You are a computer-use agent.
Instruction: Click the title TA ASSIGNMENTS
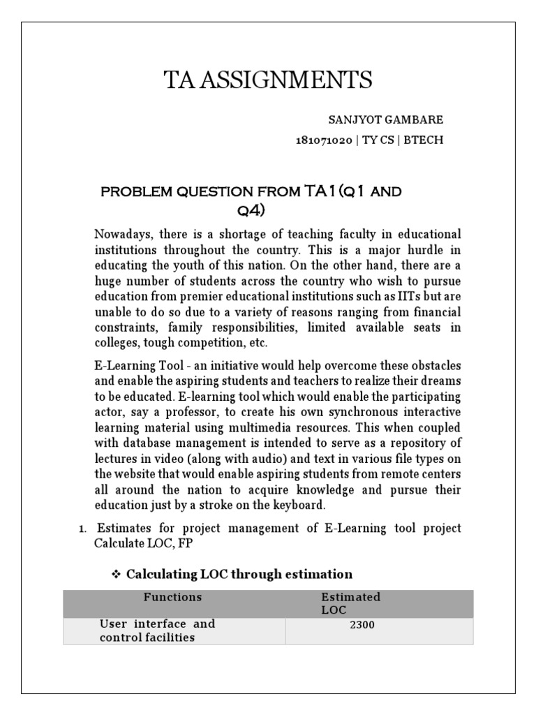pos(268,81)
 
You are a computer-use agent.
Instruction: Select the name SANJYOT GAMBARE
pos(396,120)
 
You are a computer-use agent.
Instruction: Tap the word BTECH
pos(426,140)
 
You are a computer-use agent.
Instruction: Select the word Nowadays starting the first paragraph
pos(121,234)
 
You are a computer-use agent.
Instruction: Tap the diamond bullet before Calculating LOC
pos(117,574)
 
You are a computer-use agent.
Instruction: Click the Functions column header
pos(172,597)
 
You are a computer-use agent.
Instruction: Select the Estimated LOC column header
pos(350,603)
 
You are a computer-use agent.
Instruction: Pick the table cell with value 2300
pos(362,625)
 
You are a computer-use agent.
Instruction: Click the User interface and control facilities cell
pos(157,631)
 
